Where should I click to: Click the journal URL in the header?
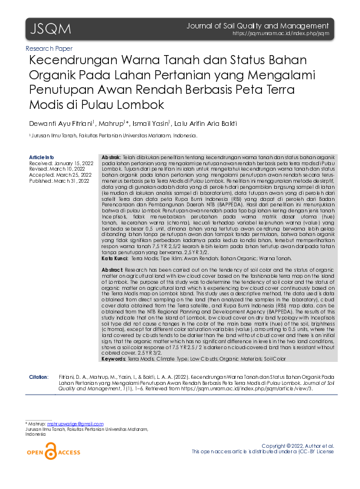click(281, 34)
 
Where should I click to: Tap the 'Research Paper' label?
click(49, 48)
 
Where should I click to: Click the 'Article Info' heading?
click(41, 157)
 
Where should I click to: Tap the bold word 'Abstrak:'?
click(110, 157)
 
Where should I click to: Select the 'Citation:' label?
click(39, 377)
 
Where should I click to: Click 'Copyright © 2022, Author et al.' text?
click(302, 445)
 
